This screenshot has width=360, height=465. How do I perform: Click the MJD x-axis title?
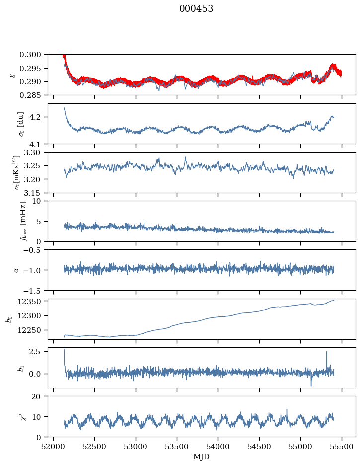[201, 456]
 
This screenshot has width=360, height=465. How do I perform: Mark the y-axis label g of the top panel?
[12, 75]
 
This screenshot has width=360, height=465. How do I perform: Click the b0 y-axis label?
[8, 319]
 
